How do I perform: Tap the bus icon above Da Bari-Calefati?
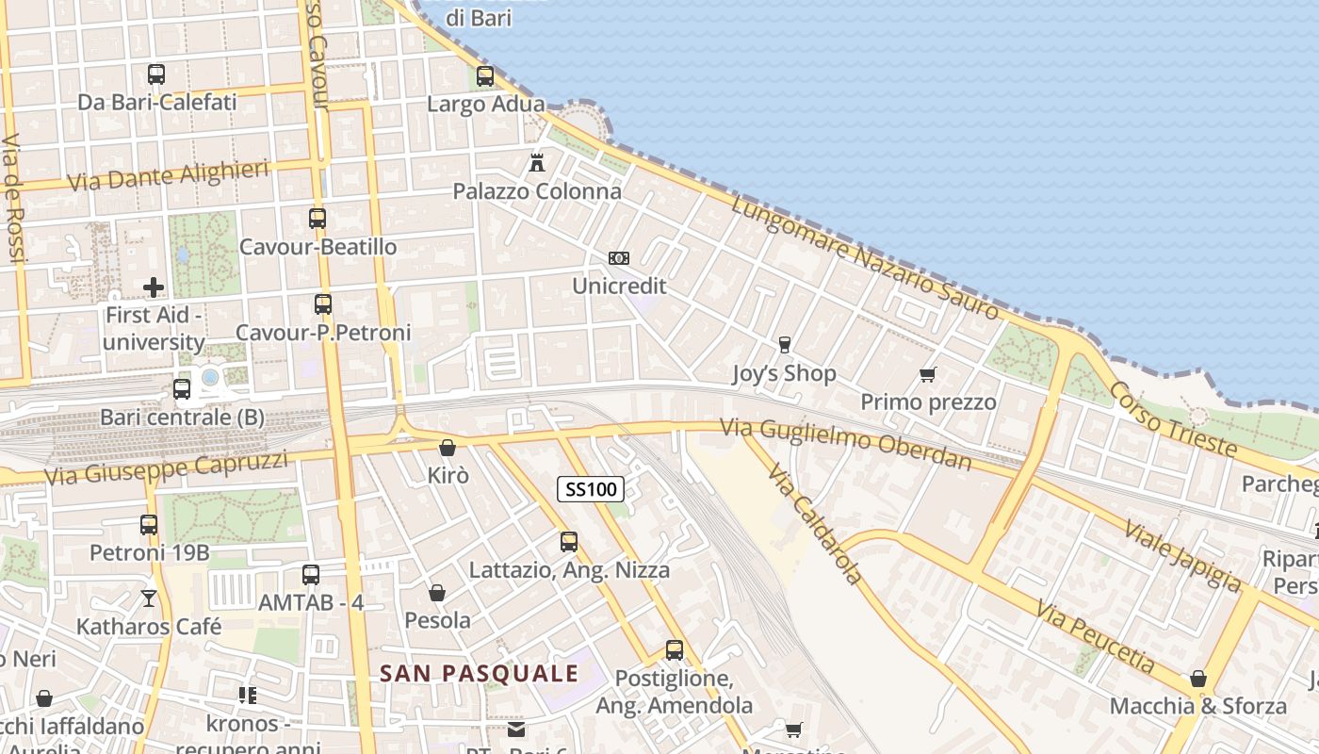tap(156, 74)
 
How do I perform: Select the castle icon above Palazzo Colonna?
tap(537, 162)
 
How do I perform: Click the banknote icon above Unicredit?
tap(619, 257)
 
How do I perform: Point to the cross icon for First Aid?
tap(154, 287)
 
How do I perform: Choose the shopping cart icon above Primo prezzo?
tap(928, 374)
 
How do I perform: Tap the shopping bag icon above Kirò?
tap(448, 447)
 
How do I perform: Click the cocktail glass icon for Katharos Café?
tap(149, 598)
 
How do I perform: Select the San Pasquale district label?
tap(479, 673)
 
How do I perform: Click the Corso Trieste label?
tap(1171, 418)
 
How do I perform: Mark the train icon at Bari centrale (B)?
tap(182, 388)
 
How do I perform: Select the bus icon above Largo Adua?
tap(485, 76)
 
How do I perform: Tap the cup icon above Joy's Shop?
tap(784, 345)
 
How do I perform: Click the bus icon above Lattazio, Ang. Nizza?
tap(569, 542)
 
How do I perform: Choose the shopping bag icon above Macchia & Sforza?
tap(1198, 679)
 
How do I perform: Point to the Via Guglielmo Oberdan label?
tap(845, 444)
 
